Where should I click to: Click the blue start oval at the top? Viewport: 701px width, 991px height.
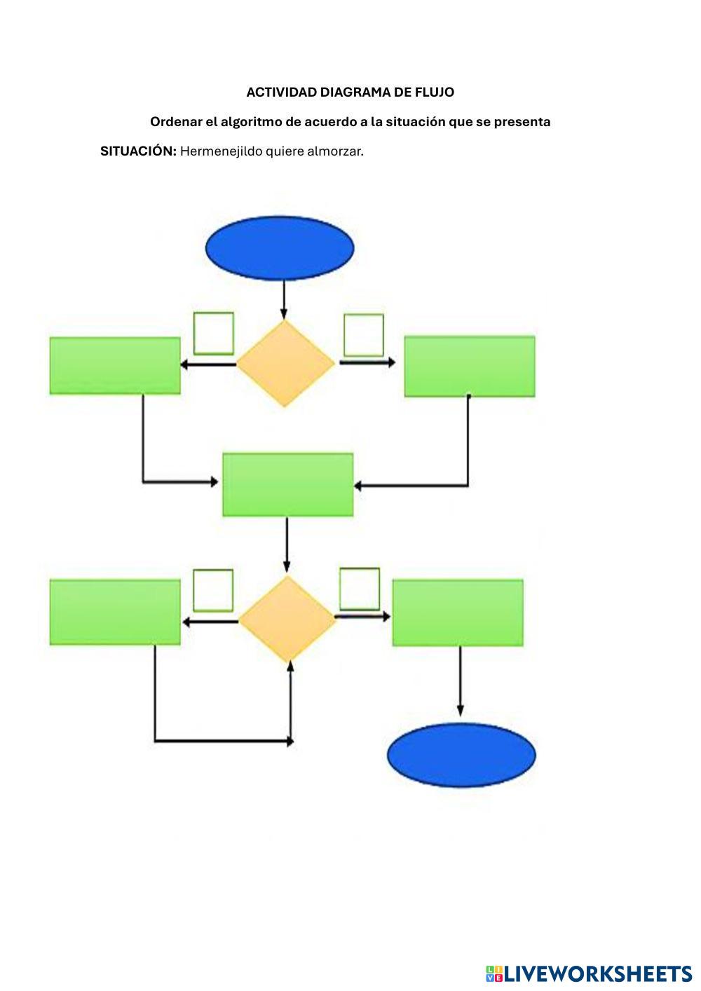click(x=280, y=247)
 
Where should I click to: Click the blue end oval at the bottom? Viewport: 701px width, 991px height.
click(x=461, y=754)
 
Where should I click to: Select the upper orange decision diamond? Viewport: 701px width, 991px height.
click(x=285, y=363)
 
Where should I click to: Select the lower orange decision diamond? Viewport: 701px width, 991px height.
click(x=287, y=620)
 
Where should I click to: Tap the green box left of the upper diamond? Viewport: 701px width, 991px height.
click(x=115, y=365)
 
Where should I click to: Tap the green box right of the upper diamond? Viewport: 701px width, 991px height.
click(x=470, y=366)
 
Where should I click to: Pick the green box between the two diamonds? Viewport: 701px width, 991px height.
click(x=287, y=484)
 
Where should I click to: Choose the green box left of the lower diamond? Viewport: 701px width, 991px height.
click(x=115, y=612)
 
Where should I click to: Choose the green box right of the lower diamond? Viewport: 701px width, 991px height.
click(x=458, y=612)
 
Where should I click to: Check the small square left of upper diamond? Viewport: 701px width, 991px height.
click(x=213, y=333)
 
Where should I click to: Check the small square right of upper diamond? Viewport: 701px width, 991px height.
click(x=364, y=334)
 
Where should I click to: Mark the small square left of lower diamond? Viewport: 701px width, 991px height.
click(x=213, y=589)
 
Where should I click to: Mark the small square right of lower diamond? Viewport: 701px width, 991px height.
click(x=360, y=588)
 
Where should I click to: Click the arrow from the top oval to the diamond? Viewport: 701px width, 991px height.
click(x=284, y=300)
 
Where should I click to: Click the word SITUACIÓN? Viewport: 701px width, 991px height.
click(x=138, y=151)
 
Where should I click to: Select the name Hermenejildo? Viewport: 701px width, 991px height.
click(x=221, y=151)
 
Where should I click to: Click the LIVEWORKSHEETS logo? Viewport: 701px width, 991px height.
click(x=589, y=973)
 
